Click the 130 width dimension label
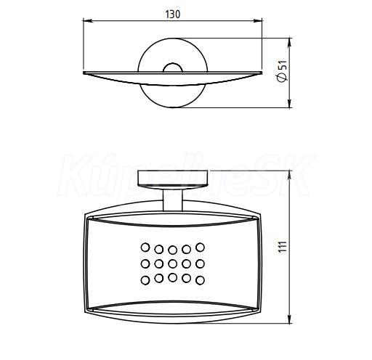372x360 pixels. [173, 15]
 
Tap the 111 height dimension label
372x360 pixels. [283, 247]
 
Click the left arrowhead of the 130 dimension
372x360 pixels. [88, 21]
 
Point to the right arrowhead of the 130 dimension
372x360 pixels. [257, 21]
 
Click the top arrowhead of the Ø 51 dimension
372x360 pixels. [290, 43]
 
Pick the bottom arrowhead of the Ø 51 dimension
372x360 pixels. [290, 102]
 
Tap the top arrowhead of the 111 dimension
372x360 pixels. [290, 176]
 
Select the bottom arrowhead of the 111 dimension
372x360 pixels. [290, 319]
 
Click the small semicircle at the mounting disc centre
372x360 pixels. [172, 64]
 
